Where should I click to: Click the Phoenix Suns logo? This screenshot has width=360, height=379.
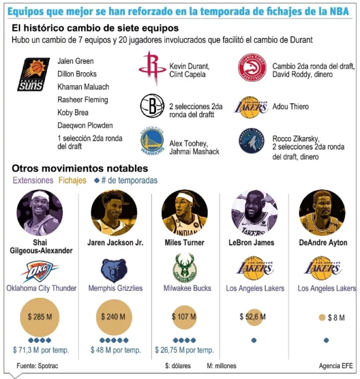click(34, 74)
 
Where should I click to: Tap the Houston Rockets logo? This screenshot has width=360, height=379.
click(152, 67)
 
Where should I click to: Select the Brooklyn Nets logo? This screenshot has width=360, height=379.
click(152, 107)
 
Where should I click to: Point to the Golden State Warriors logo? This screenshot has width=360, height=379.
click(152, 144)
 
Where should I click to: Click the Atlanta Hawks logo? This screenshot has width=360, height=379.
click(252, 68)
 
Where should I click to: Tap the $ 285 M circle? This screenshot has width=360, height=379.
click(42, 317)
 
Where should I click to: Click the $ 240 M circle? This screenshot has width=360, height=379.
click(113, 317)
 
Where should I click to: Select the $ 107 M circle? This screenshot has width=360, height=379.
click(182, 317)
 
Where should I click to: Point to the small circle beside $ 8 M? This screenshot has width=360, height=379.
click(322, 317)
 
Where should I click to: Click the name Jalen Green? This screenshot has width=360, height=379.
click(76, 61)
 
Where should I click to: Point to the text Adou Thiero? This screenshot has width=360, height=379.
click(290, 107)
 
